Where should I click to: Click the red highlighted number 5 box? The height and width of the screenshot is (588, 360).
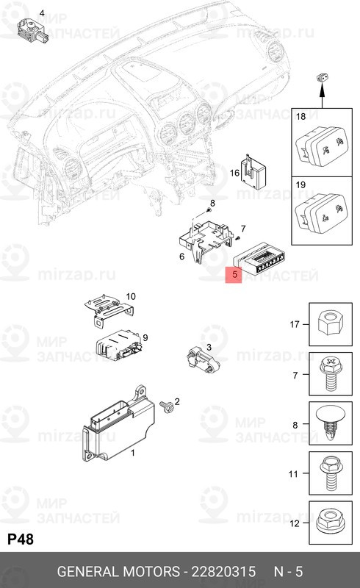coord(234,276)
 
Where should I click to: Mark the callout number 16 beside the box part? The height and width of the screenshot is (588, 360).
coord(235,173)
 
